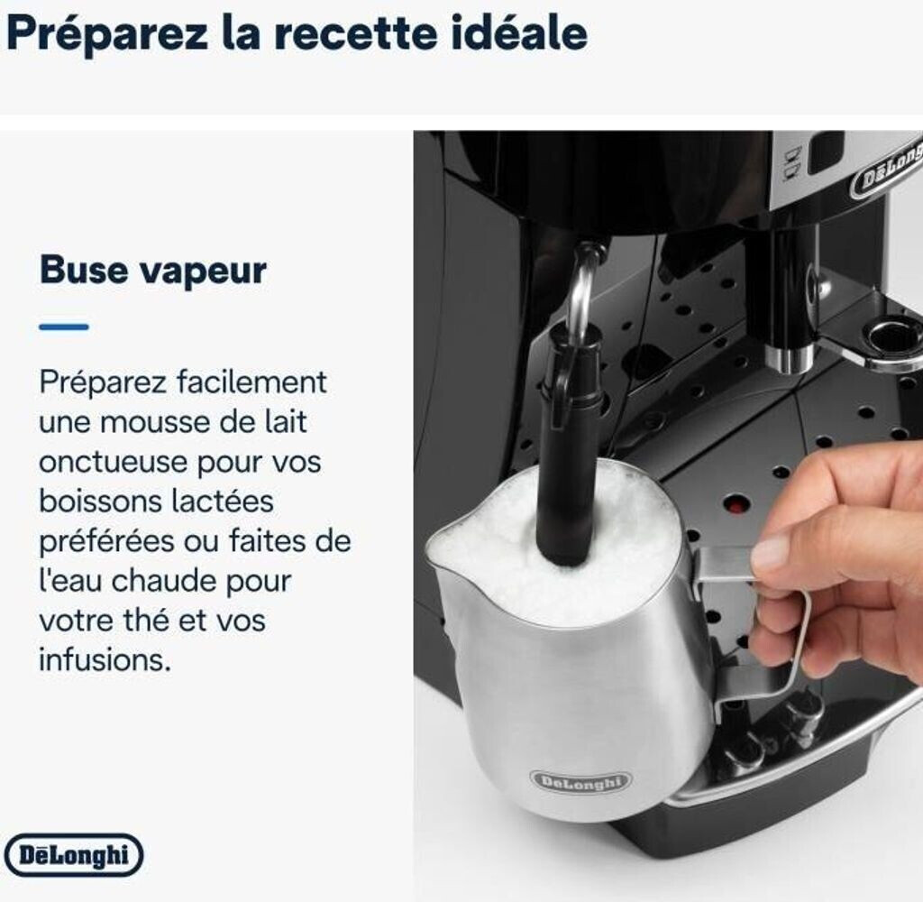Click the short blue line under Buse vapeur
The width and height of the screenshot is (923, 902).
point(64,327)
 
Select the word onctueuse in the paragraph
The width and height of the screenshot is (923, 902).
point(113,463)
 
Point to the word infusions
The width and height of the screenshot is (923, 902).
point(105,659)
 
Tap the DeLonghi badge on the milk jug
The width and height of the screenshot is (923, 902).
point(580,781)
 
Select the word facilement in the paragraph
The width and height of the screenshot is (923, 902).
point(252,382)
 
